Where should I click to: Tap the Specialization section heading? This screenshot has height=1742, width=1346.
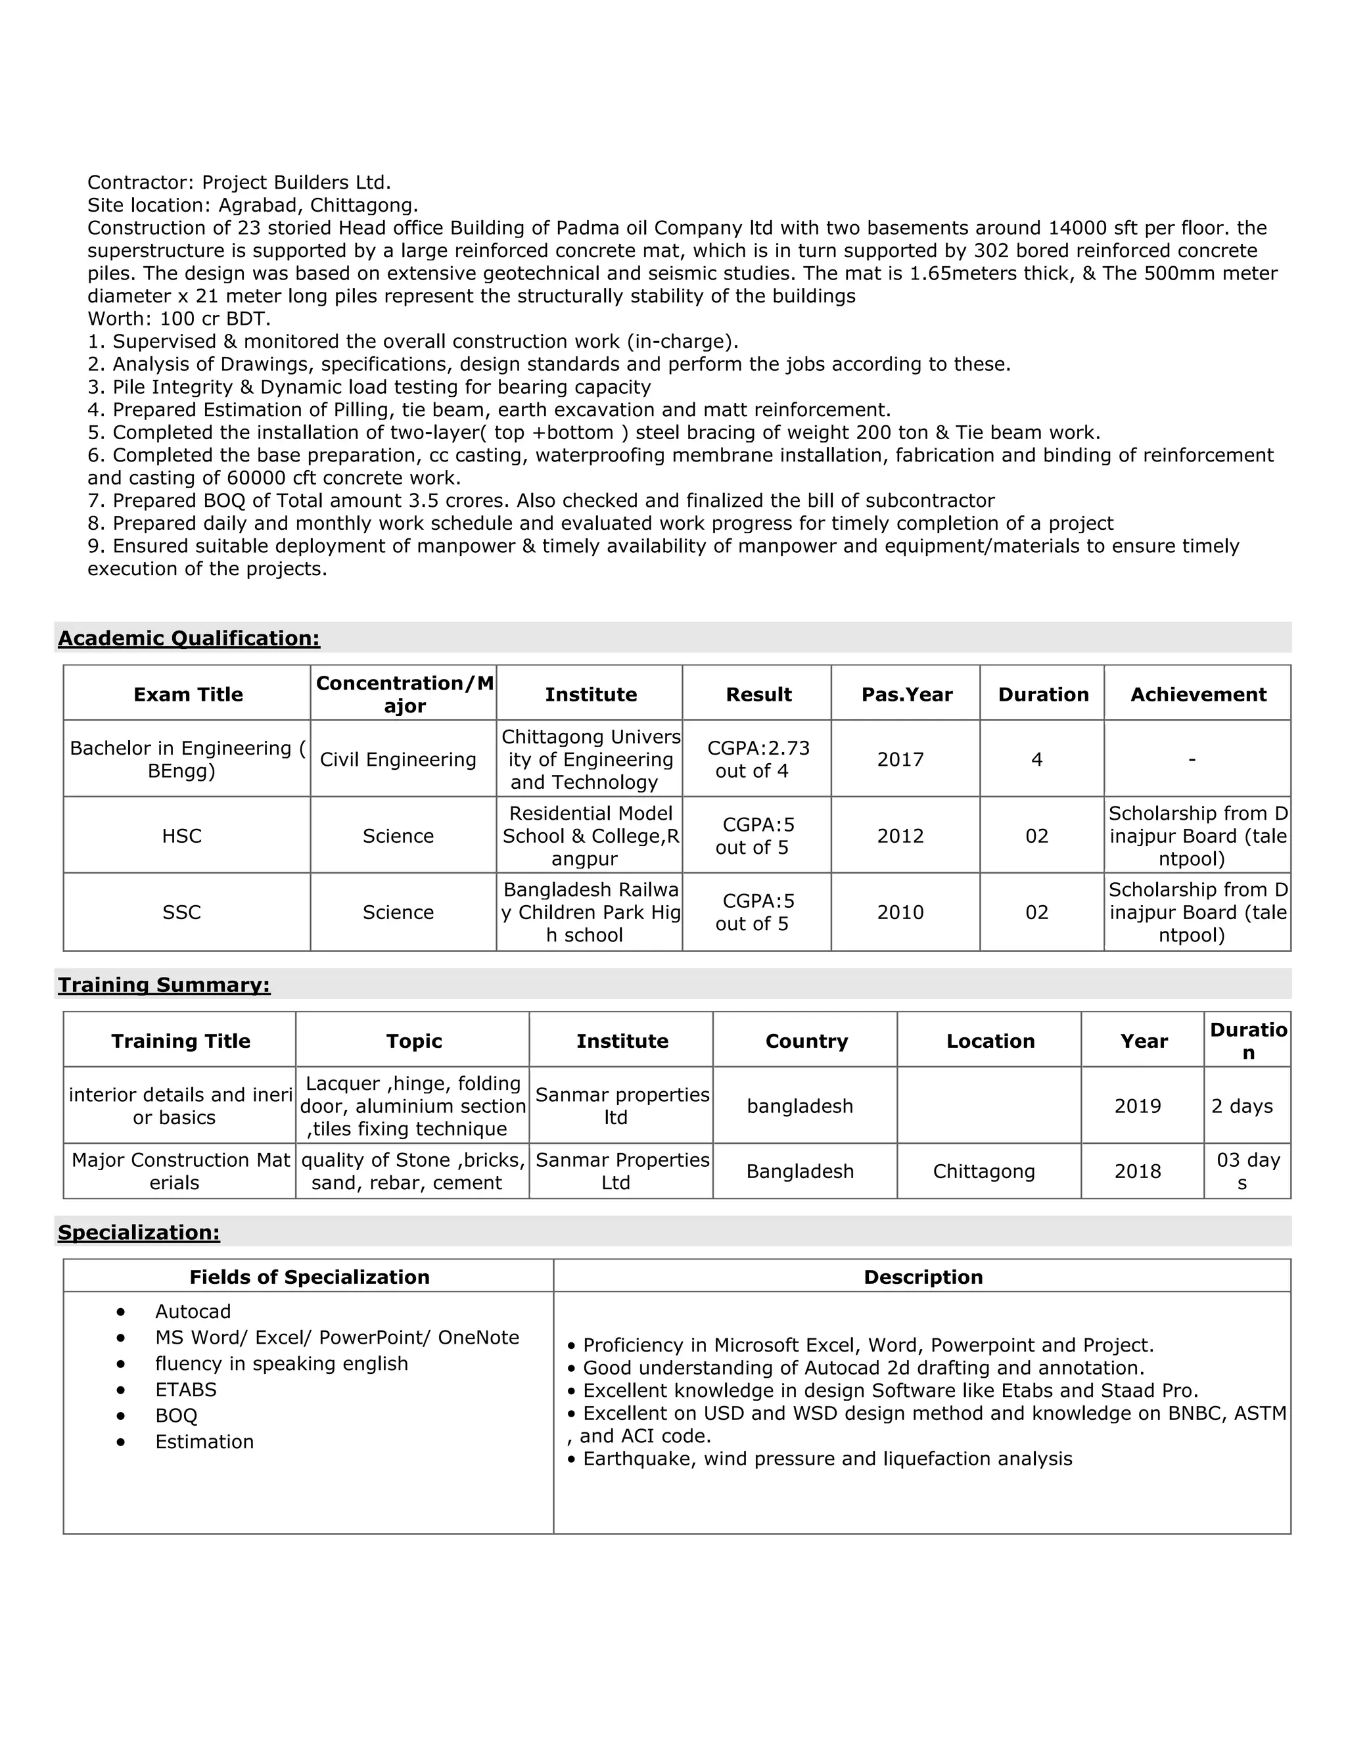tap(139, 1233)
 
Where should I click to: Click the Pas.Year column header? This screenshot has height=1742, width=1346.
tap(906, 694)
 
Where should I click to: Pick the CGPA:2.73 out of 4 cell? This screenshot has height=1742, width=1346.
tap(758, 759)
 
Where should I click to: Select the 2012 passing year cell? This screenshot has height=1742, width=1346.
tap(900, 836)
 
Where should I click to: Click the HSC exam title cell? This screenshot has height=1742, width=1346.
tap(182, 836)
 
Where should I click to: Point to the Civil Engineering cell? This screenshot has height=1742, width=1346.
tap(398, 759)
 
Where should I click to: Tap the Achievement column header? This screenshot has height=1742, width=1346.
tap(1197, 694)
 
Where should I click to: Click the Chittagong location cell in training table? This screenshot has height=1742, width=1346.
tap(983, 1171)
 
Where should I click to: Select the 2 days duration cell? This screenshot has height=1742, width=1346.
tap(1242, 1106)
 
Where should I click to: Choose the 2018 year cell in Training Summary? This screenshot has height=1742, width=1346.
tap(1137, 1171)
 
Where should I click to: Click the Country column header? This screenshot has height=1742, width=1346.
tap(806, 1041)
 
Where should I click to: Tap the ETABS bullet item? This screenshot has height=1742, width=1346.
tap(186, 1390)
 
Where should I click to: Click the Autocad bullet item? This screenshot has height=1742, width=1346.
tap(193, 1311)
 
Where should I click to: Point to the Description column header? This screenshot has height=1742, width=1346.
tap(923, 1277)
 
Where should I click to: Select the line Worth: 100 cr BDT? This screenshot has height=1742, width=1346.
tap(179, 319)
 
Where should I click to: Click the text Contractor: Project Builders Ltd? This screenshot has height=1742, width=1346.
tap(239, 182)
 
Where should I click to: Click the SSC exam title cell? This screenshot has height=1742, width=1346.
tap(182, 912)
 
